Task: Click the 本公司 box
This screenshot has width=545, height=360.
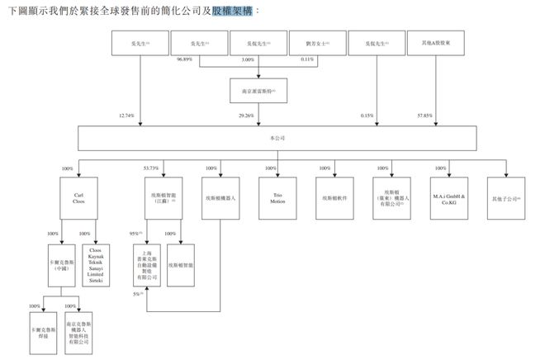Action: click(272, 139)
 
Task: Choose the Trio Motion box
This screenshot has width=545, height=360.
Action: click(272, 198)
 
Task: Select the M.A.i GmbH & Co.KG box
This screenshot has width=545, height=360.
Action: click(449, 198)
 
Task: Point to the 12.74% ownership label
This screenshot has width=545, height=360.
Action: click(126, 116)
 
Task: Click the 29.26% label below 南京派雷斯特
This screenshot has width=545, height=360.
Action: click(246, 116)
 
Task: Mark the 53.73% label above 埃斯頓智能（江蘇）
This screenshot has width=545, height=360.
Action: click(154, 168)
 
